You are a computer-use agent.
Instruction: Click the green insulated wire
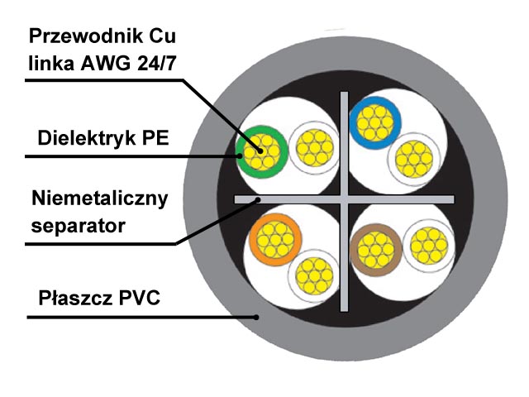tap(262, 152)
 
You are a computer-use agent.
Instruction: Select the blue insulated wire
tap(375, 123)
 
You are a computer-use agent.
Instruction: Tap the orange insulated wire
tap(275, 239)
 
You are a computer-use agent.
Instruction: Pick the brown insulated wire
tap(376, 250)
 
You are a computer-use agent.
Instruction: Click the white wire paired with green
tap(314, 147)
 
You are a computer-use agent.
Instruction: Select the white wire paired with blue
tap(414, 159)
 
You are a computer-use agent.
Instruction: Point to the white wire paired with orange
tap(314, 275)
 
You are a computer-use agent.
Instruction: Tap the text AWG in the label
tap(105, 63)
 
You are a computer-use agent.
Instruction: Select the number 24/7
tap(156, 63)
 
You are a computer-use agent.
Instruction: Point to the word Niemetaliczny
tap(100, 198)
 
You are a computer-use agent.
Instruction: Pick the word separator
tap(79, 226)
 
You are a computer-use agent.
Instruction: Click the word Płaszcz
tap(75, 298)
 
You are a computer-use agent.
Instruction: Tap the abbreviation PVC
tap(140, 298)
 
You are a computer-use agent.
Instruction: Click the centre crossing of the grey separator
tap(344, 199)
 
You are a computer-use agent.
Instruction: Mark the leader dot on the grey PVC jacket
tap(256, 318)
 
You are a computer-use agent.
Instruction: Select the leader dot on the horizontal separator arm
tap(258, 200)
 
